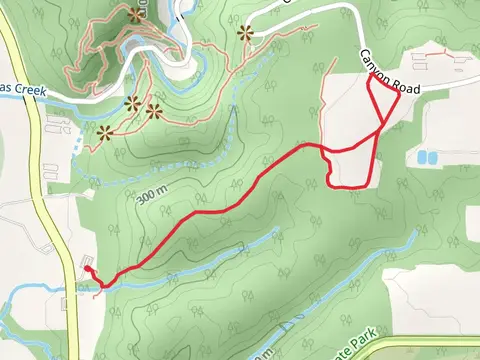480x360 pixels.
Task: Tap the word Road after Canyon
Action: pyautogui.click(x=405, y=88)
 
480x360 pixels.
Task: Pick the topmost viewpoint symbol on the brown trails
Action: pyautogui.click(x=136, y=14)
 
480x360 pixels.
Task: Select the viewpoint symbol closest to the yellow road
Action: pyautogui.click(x=105, y=131)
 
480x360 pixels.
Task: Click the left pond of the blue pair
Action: pyautogui.click(x=421, y=157)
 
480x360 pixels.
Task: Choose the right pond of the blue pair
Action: pyautogui.click(x=433, y=157)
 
